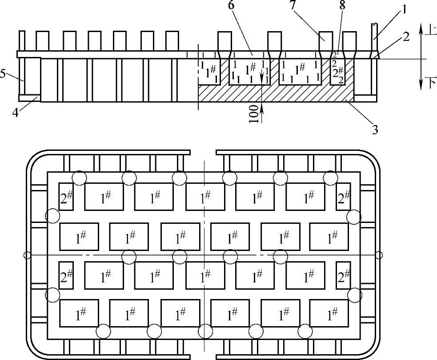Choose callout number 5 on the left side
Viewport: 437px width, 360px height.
(x=4, y=73)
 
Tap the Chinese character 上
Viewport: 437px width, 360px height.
(x=431, y=30)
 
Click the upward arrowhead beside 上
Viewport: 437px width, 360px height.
(x=421, y=28)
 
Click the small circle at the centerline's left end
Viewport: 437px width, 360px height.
(x=28, y=255)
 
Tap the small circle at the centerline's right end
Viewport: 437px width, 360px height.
(x=379, y=255)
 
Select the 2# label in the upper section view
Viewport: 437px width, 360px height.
(x=340, y=72)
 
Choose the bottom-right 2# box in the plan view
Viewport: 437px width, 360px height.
(x=343, y=276)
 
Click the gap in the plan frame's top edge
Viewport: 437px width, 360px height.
(x=204, y=153)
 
